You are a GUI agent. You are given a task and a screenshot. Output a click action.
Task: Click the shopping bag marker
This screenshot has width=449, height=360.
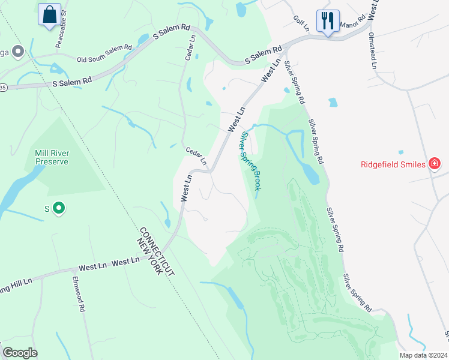click(49, 14)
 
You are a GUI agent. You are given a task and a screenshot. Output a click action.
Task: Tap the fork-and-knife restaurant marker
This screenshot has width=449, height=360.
click(328, 21)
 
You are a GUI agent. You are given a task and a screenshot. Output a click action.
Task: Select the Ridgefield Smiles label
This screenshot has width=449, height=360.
click(393, 164)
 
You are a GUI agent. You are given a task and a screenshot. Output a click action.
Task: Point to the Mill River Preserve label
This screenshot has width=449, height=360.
click(52, 157)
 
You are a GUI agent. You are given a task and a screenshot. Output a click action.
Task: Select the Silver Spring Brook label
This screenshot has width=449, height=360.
click(249, 162)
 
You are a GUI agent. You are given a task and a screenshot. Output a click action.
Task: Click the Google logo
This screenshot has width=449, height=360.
click(20, 353)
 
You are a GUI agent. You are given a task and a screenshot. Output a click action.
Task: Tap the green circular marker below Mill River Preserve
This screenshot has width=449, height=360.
click(59, 208)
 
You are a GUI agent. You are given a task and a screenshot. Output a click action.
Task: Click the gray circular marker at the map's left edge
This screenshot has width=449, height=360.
click(17, 52)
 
